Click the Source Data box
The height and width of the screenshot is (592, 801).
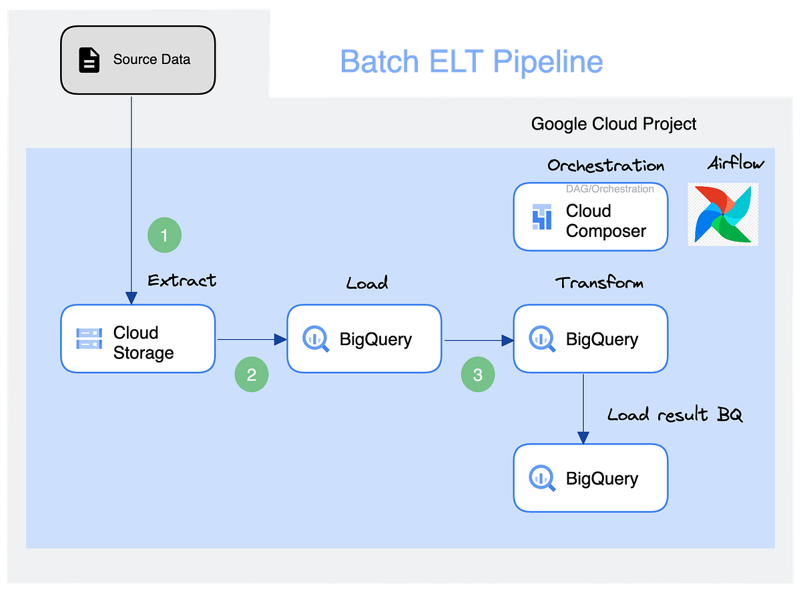138,59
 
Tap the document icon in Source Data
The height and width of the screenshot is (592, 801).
89,60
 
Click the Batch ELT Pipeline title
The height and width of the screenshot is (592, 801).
471,61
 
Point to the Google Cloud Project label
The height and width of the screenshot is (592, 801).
613,124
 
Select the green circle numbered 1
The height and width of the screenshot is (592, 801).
164,236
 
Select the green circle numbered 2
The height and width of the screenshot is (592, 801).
251,375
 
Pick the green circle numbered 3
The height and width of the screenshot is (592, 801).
478,375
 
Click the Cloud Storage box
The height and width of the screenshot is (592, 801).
138,339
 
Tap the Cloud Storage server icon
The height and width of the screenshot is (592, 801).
89,339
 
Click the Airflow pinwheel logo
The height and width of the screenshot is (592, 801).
723,215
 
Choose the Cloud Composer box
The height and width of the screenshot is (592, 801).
590,217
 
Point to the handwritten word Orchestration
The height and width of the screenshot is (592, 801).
605,166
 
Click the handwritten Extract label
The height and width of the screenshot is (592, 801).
182,280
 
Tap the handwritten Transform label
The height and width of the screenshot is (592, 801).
599,282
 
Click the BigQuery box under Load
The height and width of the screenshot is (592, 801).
364,339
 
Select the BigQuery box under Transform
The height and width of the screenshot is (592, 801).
590,339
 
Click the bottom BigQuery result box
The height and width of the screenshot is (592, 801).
590,478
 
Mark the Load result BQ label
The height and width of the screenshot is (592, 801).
674,414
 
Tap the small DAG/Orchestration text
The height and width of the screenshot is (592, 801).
609,190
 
